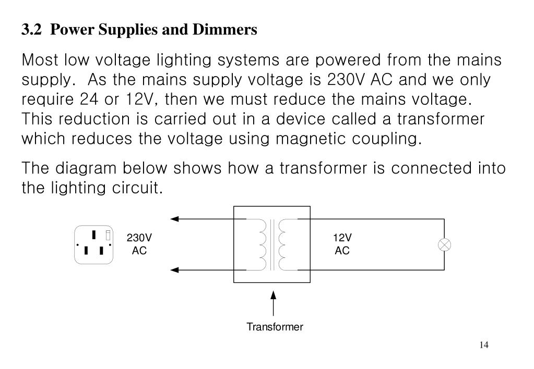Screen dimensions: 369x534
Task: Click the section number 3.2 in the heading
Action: (31, 30)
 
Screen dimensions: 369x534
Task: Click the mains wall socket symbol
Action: (94, 244)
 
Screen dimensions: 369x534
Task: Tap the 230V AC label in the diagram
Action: (139, 244)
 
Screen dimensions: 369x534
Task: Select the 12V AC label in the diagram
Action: (342, 244)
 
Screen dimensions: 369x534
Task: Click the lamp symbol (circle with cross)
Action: (445, 244)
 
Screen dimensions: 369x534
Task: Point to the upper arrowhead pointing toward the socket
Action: (175, 219)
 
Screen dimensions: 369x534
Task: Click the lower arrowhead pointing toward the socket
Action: (175, 270)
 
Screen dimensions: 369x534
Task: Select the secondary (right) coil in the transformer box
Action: (283, 244)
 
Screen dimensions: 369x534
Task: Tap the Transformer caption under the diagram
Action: (275, 327)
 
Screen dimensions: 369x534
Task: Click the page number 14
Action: (483, 345)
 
